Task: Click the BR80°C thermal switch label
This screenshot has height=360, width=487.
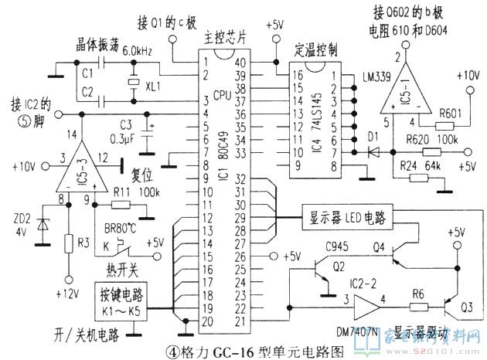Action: point(125,229)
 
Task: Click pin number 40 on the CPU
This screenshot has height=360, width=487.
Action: point(240,62)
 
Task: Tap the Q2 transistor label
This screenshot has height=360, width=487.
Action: point(339,268)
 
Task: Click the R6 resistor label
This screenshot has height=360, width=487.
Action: point(418,293)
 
